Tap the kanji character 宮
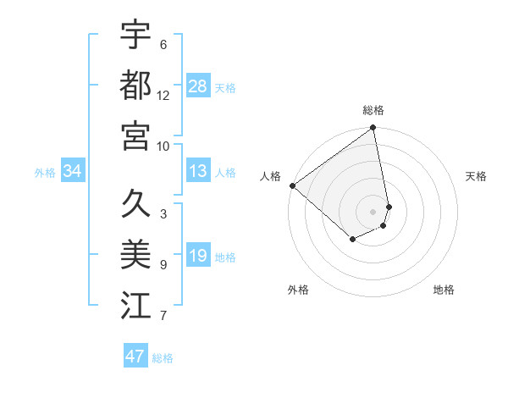click(135, 135)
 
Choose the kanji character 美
click(135, 254)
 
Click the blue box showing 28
click(198, 86)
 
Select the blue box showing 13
click(198, 172)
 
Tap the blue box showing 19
click(198, 257)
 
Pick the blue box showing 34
click(73, 172)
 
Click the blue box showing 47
click(135, 357)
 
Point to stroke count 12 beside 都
click(163, 96)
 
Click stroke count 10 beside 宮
click(163, 146)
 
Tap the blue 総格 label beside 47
click(163, 358)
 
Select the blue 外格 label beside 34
click(45, 173)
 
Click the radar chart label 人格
click(270, 176)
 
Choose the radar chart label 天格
click(476, 176)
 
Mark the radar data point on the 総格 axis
click(373, 129)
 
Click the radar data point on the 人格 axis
click(292, 185)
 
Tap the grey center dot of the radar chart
click(373, 211)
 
